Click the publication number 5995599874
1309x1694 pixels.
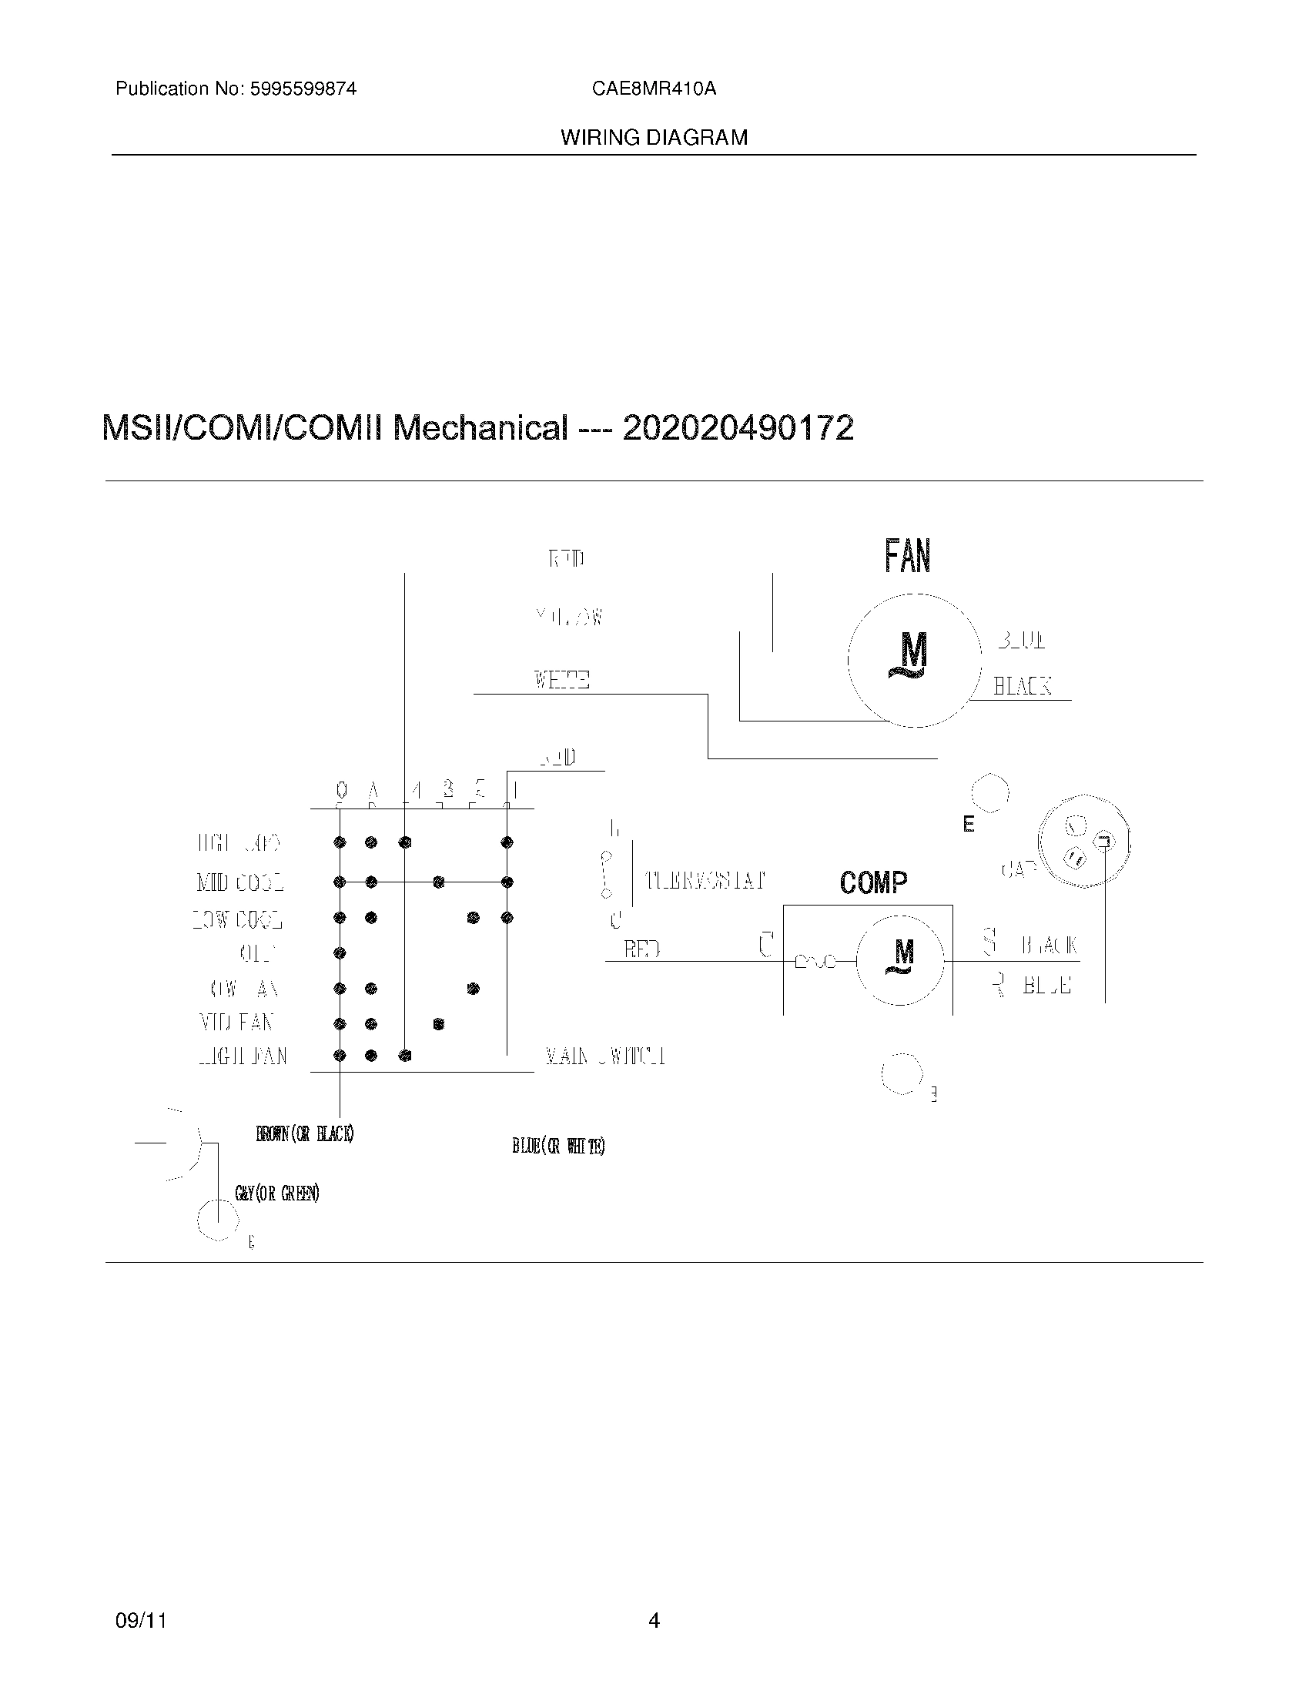click(x=303, y=89)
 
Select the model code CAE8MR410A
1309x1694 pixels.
click(x=654, y=89)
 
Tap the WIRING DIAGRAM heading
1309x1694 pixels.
click(x=654, y=138)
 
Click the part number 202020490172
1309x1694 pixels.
click(x=738, y=428)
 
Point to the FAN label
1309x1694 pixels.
click(x=907, y=556)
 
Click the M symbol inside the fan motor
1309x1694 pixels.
click(x=912, y=654)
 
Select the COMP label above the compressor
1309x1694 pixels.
click(x=873, y=882)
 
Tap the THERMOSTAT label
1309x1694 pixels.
click(x=705, y=880)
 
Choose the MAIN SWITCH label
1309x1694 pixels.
click(x=605, y=1056)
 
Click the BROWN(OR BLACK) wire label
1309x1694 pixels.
click(x=305, y=1134)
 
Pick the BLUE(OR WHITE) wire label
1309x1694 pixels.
click(x=558, y=1147)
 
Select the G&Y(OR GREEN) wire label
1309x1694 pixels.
click(x=277, y=1193)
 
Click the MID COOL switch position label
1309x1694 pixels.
click(x=239, y=882)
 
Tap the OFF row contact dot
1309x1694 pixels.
click(x=340, y=953)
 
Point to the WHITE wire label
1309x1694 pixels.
click(x=561, y=680)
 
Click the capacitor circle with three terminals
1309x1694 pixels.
click(x=1084, y=842)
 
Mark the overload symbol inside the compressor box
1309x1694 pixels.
click(x=815, y=962)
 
